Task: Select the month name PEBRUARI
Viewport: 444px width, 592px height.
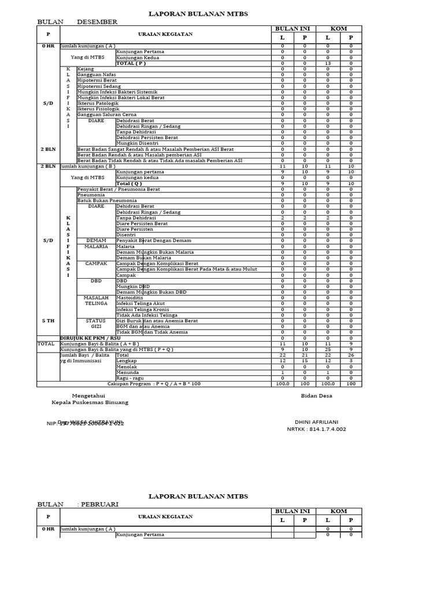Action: (100, 504)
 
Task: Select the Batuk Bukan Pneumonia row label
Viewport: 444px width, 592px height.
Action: (103, 200)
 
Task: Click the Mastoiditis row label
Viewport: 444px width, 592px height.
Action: (130, 298)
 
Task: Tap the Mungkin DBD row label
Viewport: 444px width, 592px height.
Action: (133, 286)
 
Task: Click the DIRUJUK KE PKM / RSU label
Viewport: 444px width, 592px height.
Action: (90, 338)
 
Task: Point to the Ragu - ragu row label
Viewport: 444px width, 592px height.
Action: (128, 378)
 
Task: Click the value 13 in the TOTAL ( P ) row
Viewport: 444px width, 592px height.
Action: (328, 63)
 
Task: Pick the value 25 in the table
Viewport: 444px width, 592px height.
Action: (328, 349)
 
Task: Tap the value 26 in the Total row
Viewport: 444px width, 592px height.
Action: (350, 355)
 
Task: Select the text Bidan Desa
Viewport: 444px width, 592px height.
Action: (316, 395)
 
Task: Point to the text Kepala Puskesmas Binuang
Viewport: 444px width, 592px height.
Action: (90, 402)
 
